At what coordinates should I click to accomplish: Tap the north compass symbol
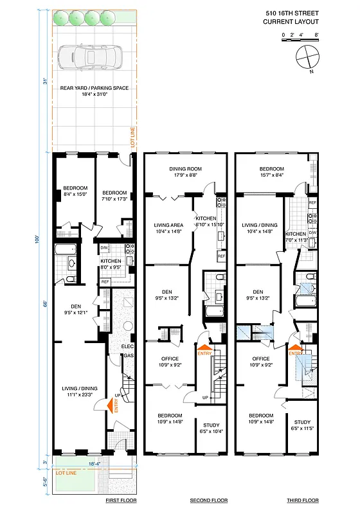coord(307,57)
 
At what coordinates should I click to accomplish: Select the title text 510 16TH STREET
coord(291,12)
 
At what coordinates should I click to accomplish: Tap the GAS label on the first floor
coord(127,355)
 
